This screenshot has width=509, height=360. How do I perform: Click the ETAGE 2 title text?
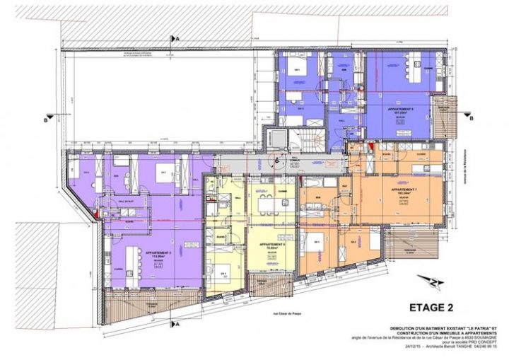click(431, 308)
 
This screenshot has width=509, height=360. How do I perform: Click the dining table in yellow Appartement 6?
click(269, 206)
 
